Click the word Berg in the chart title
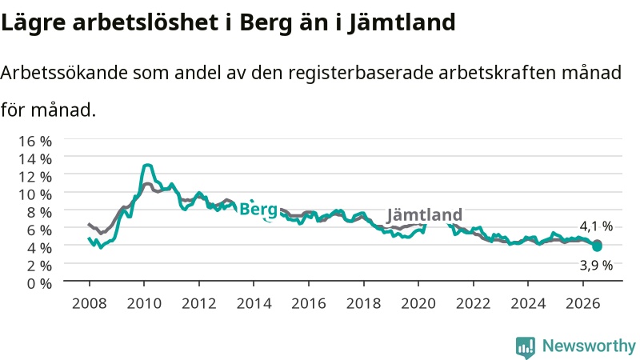(266, 23)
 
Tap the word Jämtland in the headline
(402, 22)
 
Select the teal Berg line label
(258, 210)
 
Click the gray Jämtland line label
(425, 214)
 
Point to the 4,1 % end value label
(596, 226)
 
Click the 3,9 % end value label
(596, 266)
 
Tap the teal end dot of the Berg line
(597, 246)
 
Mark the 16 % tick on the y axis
(35, 142)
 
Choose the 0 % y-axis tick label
(39, 283)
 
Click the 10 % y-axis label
(35, 194)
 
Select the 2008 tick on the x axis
(89, 304)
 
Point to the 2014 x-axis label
(254, 304)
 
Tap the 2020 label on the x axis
(418, 304)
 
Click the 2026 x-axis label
(583, 304)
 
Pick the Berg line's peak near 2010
(147, 166)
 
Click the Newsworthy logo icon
(526, 347)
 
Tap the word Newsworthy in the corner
(589, 346)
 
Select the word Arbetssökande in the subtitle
(64, 73)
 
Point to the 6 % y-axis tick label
(39, 230)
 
